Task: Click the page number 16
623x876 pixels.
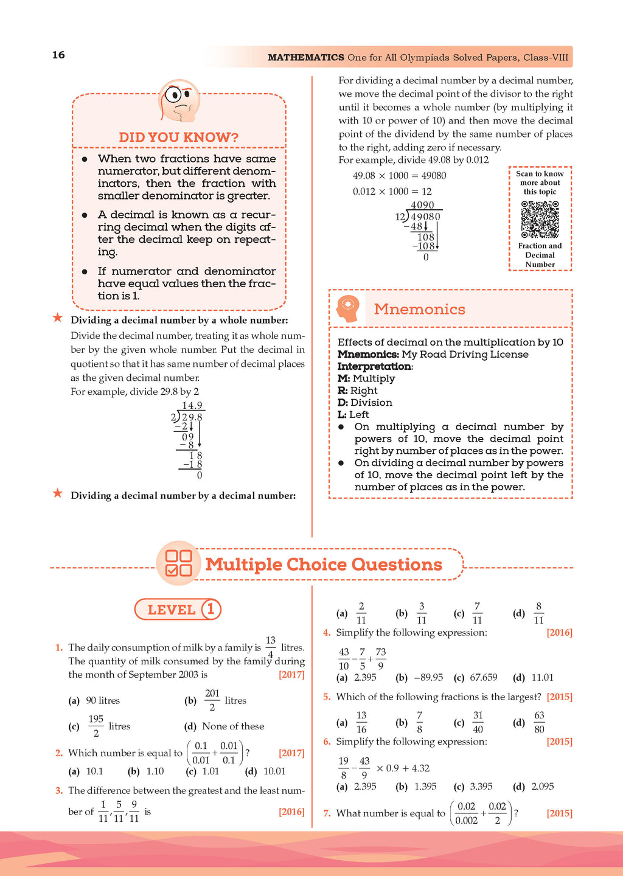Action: [58, 55]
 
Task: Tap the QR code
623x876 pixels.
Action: [540, 219]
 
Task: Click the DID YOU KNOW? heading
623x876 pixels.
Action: [178, 137]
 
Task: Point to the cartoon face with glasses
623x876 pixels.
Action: [179, 100]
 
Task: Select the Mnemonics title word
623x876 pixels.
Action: [419, 309]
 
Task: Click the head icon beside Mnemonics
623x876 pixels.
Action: [349, 309]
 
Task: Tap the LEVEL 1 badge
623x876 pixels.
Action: [178, 609]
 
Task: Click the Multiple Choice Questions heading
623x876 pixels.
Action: [324, 565]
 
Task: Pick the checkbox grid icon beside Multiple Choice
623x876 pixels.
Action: [178, 563]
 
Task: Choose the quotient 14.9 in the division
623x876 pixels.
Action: [192, 406]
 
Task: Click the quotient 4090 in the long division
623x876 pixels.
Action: [422, 206]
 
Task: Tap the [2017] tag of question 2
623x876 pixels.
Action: [291, 753]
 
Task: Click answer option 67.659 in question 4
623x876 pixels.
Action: [483, 678]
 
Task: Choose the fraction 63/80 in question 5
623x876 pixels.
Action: [539, 722]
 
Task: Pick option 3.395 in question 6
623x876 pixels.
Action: [481, 787]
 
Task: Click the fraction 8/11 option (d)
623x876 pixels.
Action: [538, 613]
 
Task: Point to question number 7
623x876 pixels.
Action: [327, 813]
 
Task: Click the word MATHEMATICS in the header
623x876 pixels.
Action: [306, 57]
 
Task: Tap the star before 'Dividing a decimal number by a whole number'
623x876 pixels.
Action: [58, 318]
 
